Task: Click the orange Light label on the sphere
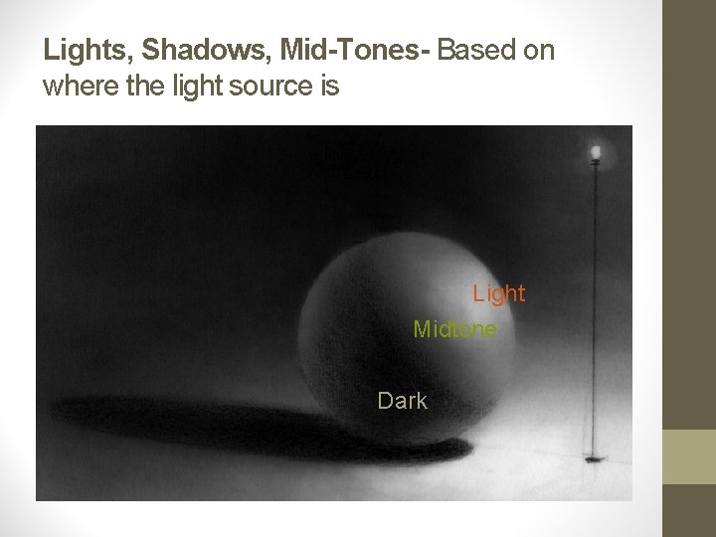[498, 293]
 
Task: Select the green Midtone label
[454, 328]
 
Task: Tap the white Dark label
[402, 401]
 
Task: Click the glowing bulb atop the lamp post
[596, 151]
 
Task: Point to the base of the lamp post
[595, 458]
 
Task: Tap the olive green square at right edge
[689, 456]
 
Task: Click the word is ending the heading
[330, 87]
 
